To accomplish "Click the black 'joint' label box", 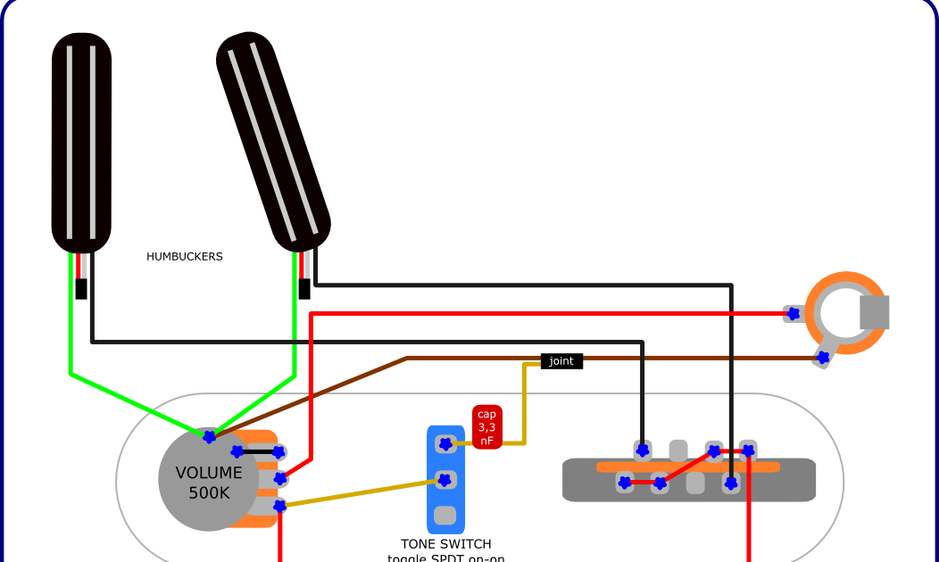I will [x=561, y=361].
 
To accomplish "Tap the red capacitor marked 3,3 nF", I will [x=487, y=426].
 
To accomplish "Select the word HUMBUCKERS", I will [x=185, y=257].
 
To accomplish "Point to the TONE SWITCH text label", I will [x=445, y=543].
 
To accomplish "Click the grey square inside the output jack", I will [x=875, y=312].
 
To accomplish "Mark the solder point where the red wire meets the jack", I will [x=792, y=313].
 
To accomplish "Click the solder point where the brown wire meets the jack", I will [x=823, y=358].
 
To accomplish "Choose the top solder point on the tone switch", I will [x=445, y=442].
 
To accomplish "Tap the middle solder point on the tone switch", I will [x=444, y=481].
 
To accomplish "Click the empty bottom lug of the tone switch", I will [x=445, y=516].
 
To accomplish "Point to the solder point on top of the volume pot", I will [x=209, y=437].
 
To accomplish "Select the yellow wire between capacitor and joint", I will [x=524, y=401].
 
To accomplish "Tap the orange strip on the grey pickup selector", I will [x=687, y=467].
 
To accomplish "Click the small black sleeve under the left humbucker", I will [x=81, y=289].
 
